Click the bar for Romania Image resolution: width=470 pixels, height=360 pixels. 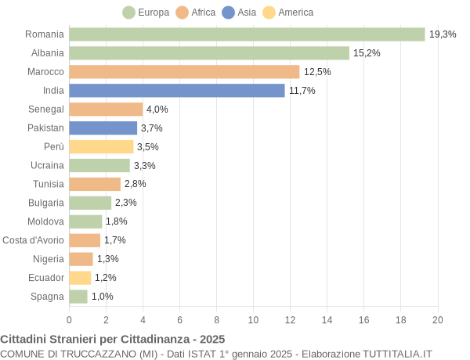[x=247, y=34]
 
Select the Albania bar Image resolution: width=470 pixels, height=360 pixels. [x=209, y=53]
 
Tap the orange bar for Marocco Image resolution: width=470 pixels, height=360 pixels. [x=184, y=72]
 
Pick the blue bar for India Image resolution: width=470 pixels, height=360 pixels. [x=177, y=91]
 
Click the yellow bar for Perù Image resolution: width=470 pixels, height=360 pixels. [x=101, y=146]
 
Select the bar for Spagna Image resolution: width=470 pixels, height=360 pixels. [x=78, y=297]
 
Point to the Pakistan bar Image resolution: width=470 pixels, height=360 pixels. [x=103, y=128]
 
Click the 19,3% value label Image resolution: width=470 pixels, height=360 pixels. [x=442, y=34]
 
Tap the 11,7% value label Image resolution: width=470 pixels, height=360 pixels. [x=302, y=91]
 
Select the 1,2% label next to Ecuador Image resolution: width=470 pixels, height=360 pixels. [x=105, y=278]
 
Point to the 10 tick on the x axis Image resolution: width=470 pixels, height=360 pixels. [x=253, y=319]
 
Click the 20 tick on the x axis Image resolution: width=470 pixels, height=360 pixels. [x=437, y=319]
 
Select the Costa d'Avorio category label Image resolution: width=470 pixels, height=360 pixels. [x=34, y=240]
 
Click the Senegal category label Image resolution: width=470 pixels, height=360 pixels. [x=46, y=109]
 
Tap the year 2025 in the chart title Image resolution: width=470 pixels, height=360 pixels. [x=211, y=339]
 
